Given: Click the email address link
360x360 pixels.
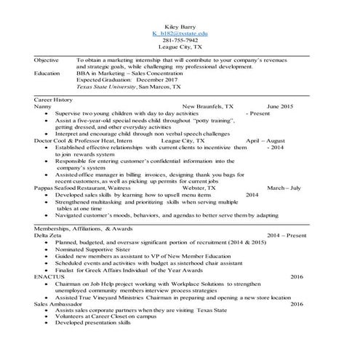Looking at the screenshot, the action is pyautogui.click(x=180, y=33).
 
